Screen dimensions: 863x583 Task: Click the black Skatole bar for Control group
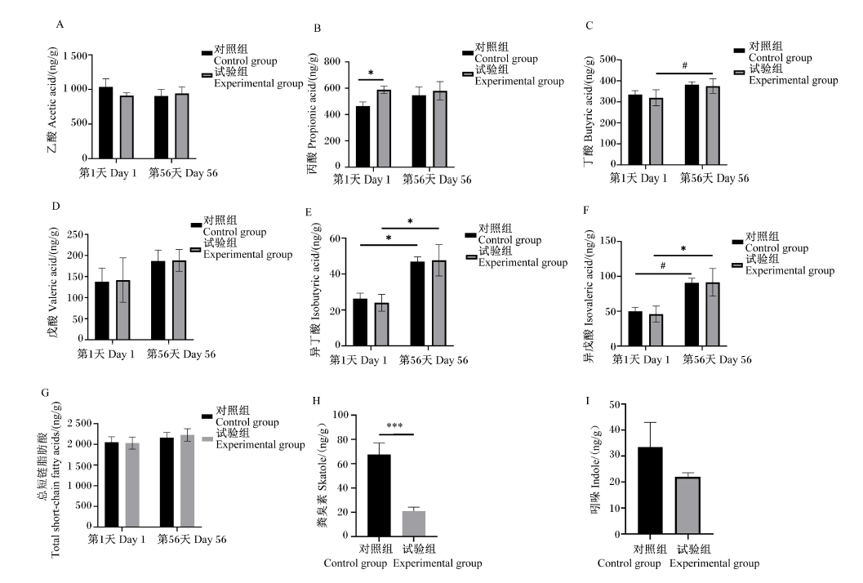(379, 495)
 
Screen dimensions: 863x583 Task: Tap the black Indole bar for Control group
(650, 491)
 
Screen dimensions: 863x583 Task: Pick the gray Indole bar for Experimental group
(688, 505)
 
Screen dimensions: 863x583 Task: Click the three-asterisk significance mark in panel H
(394, 425)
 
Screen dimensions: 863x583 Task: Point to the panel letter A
(60, 24)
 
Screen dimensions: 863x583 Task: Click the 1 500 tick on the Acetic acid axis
(75, 56)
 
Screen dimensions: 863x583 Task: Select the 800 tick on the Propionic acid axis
(331, 61)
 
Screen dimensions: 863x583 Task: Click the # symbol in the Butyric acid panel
(685, 65)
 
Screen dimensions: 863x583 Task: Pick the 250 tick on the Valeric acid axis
(75, 234)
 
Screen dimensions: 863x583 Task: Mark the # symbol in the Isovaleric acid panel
(663, 266)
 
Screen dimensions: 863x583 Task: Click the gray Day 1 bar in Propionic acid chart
(384, 128)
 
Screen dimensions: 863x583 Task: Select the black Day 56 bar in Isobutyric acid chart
(417, 303)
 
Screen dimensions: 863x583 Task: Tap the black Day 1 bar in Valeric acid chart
(102, 310)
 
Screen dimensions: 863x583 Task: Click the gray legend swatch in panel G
(207, 438)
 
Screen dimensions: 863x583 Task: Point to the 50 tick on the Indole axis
(615, 405)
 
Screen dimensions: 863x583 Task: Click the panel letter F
(585, 210)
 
